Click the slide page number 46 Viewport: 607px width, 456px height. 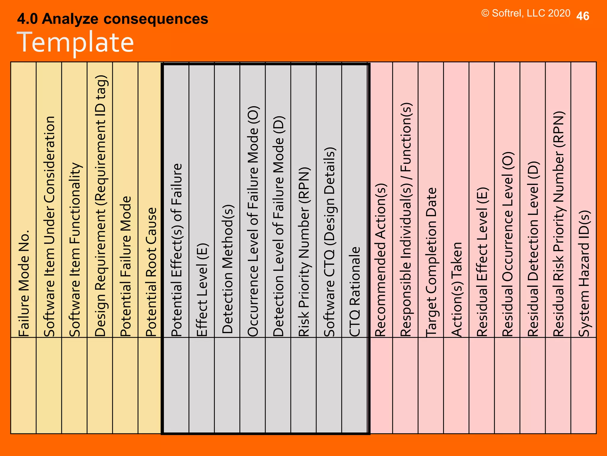tap(582, 16)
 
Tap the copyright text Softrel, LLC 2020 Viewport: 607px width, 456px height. tap(526, 13)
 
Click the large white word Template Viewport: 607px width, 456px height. tap(75, 42)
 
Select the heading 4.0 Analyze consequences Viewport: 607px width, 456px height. tap(113, 19)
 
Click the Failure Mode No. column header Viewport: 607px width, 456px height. tap(24, 284)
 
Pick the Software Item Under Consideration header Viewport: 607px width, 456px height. tap(49, 227)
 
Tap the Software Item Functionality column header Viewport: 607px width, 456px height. tap(75, 250)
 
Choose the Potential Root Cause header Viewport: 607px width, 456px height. tap(151, 272)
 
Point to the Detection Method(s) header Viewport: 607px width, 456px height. tap(228, 269)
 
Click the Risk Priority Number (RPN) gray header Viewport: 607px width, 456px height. tap(304, 252)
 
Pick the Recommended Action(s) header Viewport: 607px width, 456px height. tap(381, 260)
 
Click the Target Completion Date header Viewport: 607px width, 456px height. tap(431, 262)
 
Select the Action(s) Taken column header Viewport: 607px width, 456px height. tap(457, 289)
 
